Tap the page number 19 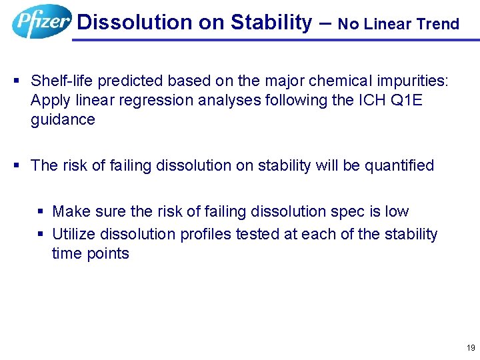471,348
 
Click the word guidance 63,120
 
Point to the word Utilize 73,235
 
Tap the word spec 353,212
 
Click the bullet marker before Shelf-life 17,81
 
